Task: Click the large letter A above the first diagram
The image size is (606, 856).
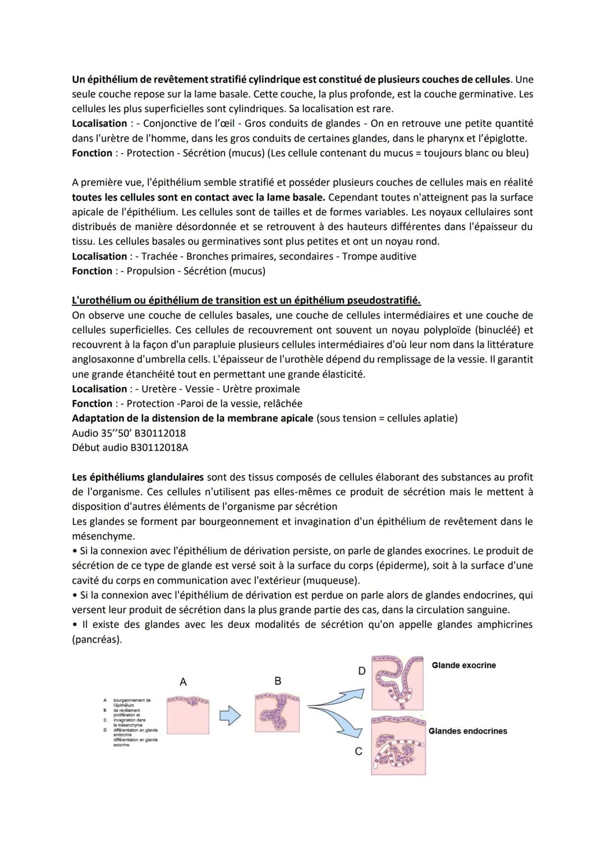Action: pos(183,682)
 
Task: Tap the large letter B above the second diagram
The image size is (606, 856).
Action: pos(278,681)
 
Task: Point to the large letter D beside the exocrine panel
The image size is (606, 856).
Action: pos(361,671)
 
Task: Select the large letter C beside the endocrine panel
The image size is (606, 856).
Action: pos(359,751)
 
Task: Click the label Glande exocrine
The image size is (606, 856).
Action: pos(463,665)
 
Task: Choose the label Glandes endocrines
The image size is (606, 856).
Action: pos(467,731)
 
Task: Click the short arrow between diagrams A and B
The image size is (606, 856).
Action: pos(229,715)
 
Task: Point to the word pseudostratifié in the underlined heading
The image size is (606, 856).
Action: pos(383,301)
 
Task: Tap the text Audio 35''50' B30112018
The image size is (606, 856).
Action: pos(128,433)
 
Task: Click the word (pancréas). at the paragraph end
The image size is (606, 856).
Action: pos(97,639)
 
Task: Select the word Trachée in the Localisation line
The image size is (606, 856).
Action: pos(159,256)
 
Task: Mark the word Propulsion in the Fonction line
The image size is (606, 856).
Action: pos(151,271)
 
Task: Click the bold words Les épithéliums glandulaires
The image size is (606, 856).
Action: pos(137,477)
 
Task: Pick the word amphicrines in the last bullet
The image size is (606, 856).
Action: pos(504,624)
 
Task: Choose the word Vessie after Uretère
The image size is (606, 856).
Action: pos(199,389)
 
